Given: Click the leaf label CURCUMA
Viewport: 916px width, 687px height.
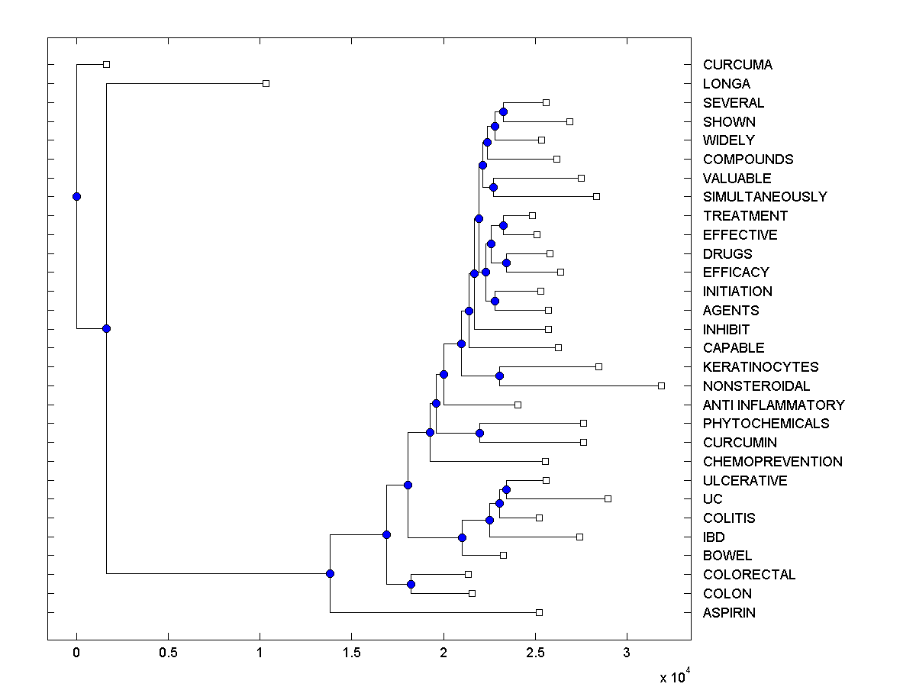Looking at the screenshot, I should point(737,65).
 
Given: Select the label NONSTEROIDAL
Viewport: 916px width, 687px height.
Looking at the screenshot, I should point(756,386).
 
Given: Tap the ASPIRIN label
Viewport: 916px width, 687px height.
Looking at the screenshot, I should point(729,613).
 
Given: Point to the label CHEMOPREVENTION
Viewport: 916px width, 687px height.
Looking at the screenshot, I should point(772,462).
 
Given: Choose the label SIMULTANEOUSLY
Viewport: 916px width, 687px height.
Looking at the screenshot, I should point(765,197).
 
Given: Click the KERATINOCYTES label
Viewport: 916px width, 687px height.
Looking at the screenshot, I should point(760,367).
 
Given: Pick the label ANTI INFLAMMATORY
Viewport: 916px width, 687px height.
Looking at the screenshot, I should point(774,405).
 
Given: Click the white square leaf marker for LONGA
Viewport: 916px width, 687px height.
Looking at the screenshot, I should point(266,83).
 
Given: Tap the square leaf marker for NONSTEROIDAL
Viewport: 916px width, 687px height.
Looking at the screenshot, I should point(661,385).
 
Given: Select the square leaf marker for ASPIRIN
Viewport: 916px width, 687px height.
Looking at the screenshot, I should point(539,612).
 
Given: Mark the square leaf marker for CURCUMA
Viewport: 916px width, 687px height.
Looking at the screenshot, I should point(106,64).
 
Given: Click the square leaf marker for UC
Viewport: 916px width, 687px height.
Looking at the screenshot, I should point(608,498).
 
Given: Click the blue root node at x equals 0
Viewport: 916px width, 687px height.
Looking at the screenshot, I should point(76,196).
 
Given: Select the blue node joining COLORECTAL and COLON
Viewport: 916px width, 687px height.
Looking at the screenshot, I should point(411,584).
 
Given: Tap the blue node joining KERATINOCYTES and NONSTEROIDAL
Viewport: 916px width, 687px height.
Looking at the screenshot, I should point(499,376).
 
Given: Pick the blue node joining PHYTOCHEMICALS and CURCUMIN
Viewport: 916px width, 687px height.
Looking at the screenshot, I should point(479,433).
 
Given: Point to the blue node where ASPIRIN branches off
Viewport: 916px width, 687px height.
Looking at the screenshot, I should point(330,573).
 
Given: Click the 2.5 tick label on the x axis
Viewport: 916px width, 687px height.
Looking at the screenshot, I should point(535,653).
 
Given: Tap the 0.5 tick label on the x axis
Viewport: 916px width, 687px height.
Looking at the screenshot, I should point(168,653).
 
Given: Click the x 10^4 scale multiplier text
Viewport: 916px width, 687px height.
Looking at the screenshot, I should point(675,676).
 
